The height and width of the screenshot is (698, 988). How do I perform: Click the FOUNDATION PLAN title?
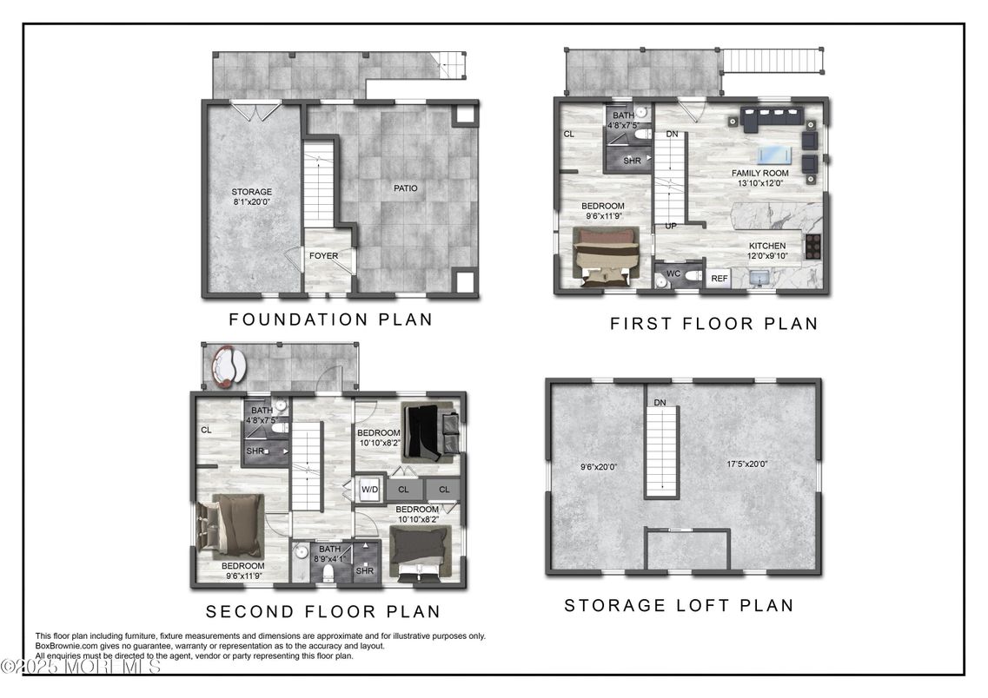pyautogui.click(x=330, y=319)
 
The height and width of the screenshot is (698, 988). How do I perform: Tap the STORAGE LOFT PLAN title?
pyautogui.click(x=679, y=605)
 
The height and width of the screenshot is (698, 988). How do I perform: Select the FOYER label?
pyautogui.click(x=323, y=255)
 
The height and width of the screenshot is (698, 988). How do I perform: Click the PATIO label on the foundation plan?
pyautogui.click(x=405, y=188)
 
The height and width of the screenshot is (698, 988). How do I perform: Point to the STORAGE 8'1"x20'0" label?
pyautogui.click(x=251, y=196)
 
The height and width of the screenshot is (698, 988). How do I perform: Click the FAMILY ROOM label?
pyautogui.click(x=760, y=173)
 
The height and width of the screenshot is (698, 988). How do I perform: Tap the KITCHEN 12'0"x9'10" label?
pyautogui.click(x=766, y=251)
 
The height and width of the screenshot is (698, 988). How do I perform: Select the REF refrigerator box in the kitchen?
pyautogui.click(x=719, y=278)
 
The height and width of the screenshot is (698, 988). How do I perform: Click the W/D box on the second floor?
pyautogui.click(x=370, y=489)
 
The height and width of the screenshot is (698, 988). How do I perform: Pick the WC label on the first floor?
pyautogui.click(x=673, y=273)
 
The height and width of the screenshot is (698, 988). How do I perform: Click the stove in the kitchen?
pyautogui.click(x=812, y=246)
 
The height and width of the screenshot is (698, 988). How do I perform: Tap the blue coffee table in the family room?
pyautogui.click(x=773, y=155)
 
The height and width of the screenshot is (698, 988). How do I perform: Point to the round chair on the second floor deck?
pyautogui.click(x=229, y=366)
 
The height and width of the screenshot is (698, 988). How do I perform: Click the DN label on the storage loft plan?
pyautogui.click(x=660, y=403)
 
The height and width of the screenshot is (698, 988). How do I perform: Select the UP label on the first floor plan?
pyautogui.click(x=671, y=226)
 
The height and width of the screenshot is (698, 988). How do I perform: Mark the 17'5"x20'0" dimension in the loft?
pyautogui.click(x=746, y=464)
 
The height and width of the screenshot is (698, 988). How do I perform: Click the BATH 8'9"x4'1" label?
pyautogui.click(x=329, y=554)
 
